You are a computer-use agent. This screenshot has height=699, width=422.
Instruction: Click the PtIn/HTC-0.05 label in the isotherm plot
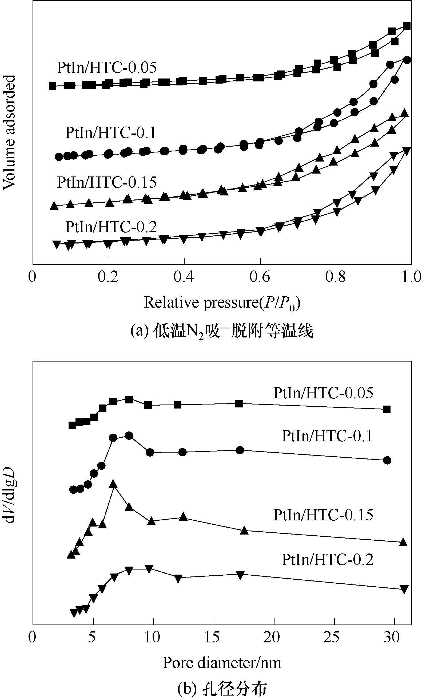(106, 68)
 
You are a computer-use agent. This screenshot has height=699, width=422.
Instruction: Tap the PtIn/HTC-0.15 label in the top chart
(106, 182)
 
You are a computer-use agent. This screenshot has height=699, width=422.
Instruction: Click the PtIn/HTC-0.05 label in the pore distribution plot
(323, 393)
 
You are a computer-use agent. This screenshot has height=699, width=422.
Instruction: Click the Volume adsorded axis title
(9, 132)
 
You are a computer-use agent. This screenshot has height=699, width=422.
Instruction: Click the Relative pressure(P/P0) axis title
(222, 303)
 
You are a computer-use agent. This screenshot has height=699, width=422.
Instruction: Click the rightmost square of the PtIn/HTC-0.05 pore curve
(387, 410)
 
